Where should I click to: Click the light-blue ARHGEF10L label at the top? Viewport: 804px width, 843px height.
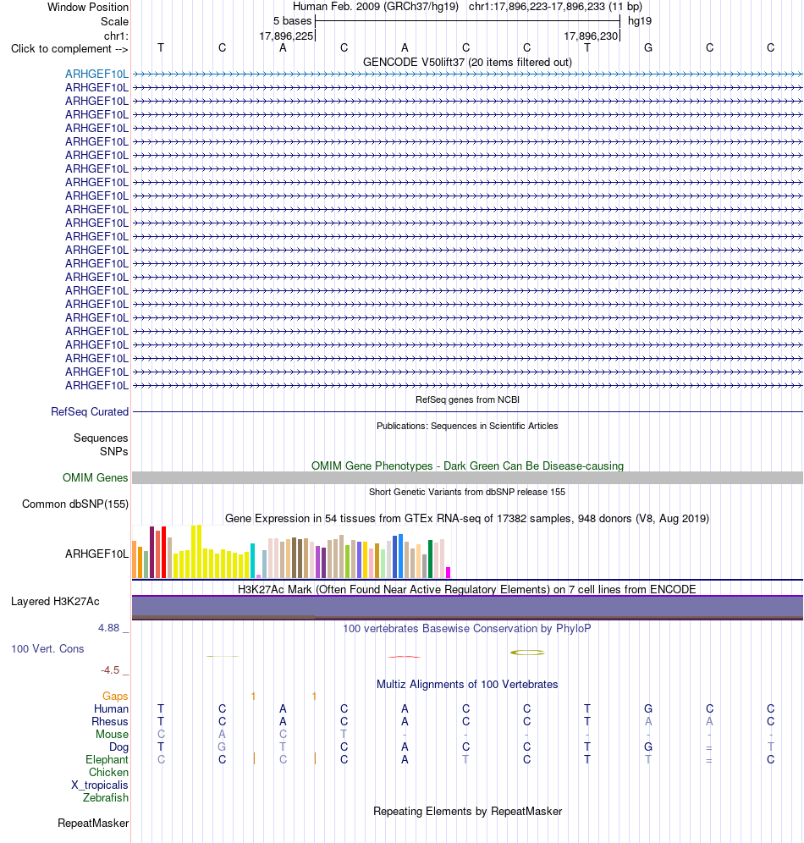(96, 74)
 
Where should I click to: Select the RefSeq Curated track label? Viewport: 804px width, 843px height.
(90, 412)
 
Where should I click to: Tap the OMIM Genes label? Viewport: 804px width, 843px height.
(95, 477)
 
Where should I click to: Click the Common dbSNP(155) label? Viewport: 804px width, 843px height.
(75, 504)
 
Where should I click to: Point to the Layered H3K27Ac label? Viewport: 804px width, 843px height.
(55, 602)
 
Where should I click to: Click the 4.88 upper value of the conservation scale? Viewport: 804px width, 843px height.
(108, 628)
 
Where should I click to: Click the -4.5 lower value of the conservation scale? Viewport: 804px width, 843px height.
(110, 669)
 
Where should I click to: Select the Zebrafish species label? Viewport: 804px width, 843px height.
(106, 798)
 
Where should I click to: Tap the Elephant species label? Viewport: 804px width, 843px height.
(107, 760)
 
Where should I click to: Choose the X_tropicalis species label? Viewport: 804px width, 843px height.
(100, 785)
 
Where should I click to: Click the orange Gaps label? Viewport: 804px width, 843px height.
(115, 697)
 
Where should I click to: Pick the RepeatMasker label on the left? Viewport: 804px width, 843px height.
(93, 823)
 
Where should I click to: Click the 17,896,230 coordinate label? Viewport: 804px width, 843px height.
(591, 36)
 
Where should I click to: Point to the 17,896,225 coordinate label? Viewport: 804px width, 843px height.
(286, 36)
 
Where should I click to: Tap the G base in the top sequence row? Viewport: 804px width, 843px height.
(648, 48)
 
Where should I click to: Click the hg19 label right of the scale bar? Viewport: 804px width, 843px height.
(640, 21)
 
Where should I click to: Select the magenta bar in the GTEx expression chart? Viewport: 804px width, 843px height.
(449, 572)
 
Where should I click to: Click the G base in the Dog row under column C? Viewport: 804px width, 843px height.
(222, 747)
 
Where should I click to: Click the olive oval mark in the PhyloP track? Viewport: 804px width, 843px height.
(527, 653)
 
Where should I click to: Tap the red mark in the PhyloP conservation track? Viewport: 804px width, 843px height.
(405, 657)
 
